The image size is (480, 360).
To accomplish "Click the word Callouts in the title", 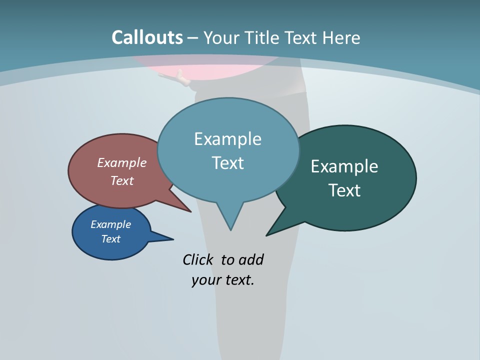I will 147,37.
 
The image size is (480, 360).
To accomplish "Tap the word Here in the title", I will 341,37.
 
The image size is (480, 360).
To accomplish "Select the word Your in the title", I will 222,37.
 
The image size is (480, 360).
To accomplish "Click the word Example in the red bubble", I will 121,162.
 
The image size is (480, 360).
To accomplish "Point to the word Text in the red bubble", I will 121,180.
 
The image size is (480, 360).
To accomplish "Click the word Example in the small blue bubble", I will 110,224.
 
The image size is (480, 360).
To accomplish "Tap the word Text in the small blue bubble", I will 110,239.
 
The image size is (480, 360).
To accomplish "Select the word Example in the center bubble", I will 227,139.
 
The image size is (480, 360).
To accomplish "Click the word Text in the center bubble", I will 227,163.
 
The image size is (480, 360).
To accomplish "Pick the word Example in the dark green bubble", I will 344,166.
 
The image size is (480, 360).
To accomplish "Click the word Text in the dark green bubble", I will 344,190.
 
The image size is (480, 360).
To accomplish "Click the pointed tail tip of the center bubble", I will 230,229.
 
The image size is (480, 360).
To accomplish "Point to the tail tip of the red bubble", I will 190,211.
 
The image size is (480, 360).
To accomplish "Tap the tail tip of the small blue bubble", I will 172,239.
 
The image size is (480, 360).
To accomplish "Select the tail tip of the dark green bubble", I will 267,234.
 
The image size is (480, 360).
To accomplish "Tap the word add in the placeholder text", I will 250,260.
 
